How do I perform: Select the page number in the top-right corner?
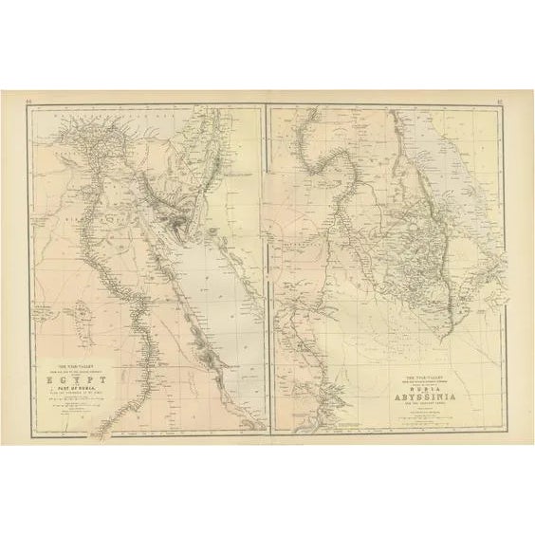(x=508, y=98)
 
